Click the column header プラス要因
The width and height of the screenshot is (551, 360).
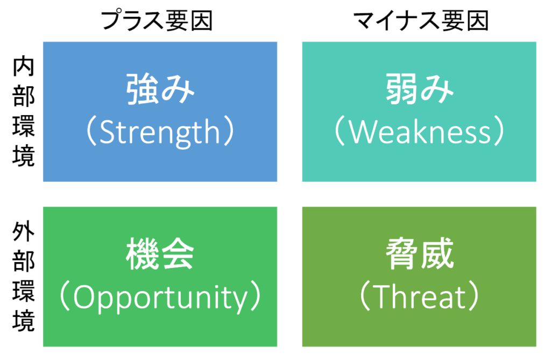[x=157, y=20]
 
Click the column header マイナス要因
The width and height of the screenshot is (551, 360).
[x=421, y=20]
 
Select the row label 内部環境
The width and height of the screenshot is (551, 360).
[x=24, y=111]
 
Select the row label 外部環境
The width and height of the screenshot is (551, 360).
[x=24, y=277]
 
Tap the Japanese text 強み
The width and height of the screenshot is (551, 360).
[x=160, y=89]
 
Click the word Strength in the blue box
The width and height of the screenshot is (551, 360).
[x=160, y=132]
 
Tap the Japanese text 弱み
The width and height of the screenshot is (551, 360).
[x=420, y=89]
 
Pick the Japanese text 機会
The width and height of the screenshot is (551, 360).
[x=160, y=253]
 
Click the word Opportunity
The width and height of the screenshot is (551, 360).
[x=160, y=298]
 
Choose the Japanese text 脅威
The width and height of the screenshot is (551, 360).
[x=420, y=253]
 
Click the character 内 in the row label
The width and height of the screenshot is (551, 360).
[x=24, y=67]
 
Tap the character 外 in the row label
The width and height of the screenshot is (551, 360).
[x=24, y=232]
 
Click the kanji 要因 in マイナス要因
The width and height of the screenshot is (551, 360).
[x=465, y=20]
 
